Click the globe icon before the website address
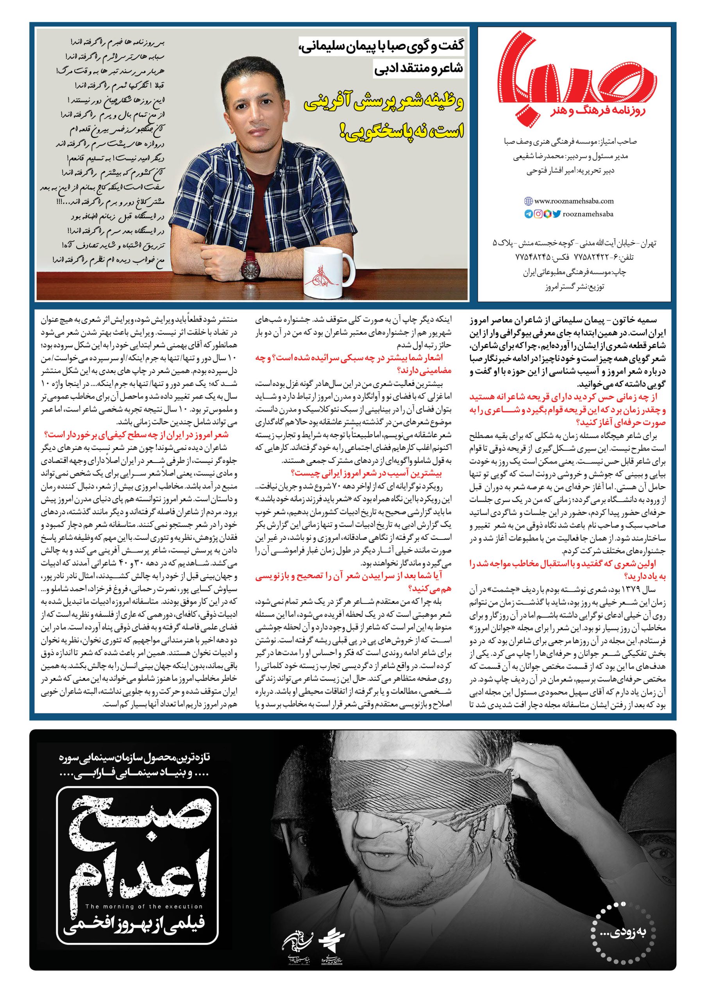click(528, 201)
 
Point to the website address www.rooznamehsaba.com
click(574, 201)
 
